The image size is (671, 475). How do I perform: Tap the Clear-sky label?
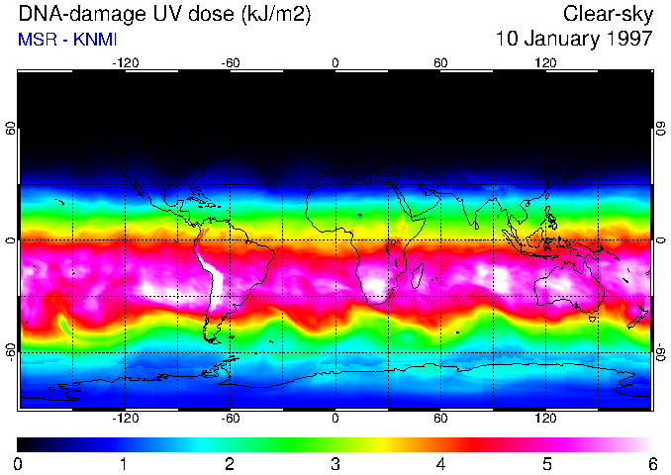click(x=608, y=15)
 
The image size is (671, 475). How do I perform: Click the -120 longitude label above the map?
click(x=126, y=62)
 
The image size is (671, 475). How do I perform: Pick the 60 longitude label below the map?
click(x=440, y=418)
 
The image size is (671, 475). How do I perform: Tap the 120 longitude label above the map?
click(x=544, y=62)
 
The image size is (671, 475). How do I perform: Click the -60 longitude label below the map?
click(x=231, y=418)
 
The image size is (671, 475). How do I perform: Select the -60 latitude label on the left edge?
click(x=11, y=350)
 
